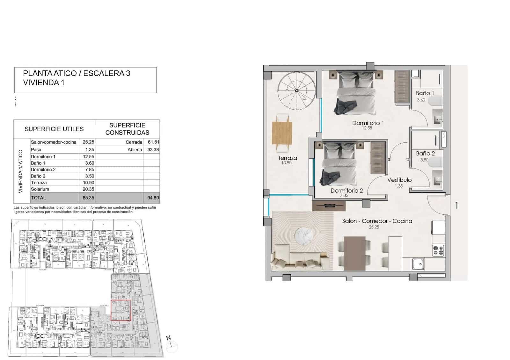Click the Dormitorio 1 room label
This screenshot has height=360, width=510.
(x=368, y=123)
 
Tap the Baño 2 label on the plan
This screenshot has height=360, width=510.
(x=425, y=154)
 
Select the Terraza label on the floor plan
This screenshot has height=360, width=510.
(x=287, y=158)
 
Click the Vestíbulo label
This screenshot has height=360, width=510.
(x=399, y=180)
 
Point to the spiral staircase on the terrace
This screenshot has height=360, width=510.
(x=296, y=91)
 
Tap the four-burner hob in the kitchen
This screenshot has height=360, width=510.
(x=438, y=250)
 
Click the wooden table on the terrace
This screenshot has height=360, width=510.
(x=282, y=133)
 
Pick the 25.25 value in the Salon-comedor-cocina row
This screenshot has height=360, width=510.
(x=88, y=142)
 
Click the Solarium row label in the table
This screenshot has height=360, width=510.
(x=40, y=189)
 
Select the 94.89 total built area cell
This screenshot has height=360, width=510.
(x=153, y=198)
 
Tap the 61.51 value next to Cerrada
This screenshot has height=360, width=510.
(x=153, y=142)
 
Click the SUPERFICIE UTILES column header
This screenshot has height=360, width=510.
(x=54, y=129)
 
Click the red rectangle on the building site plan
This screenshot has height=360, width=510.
(x=121, y=310)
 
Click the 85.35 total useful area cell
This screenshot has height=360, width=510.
(x=88, y=198)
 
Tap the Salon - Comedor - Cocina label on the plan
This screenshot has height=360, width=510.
(x=377, y=221)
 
